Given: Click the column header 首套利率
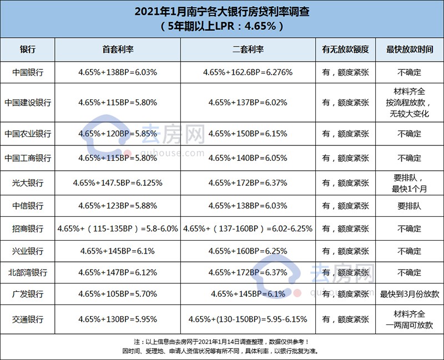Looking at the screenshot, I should (118, 49).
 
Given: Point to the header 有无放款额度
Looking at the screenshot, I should (346, 49).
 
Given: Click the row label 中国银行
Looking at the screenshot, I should (27, 72).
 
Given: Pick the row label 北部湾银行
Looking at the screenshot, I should (27, 273).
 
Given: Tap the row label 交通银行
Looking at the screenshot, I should (27, 320).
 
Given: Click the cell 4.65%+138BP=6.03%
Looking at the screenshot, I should (118, 72).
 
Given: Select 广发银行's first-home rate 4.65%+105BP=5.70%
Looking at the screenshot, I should (118, 294).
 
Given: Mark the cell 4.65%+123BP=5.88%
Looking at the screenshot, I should (118, 206).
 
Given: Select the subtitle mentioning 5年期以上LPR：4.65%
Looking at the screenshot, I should (221, 26).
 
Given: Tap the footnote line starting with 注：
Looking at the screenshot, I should (221, 342).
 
